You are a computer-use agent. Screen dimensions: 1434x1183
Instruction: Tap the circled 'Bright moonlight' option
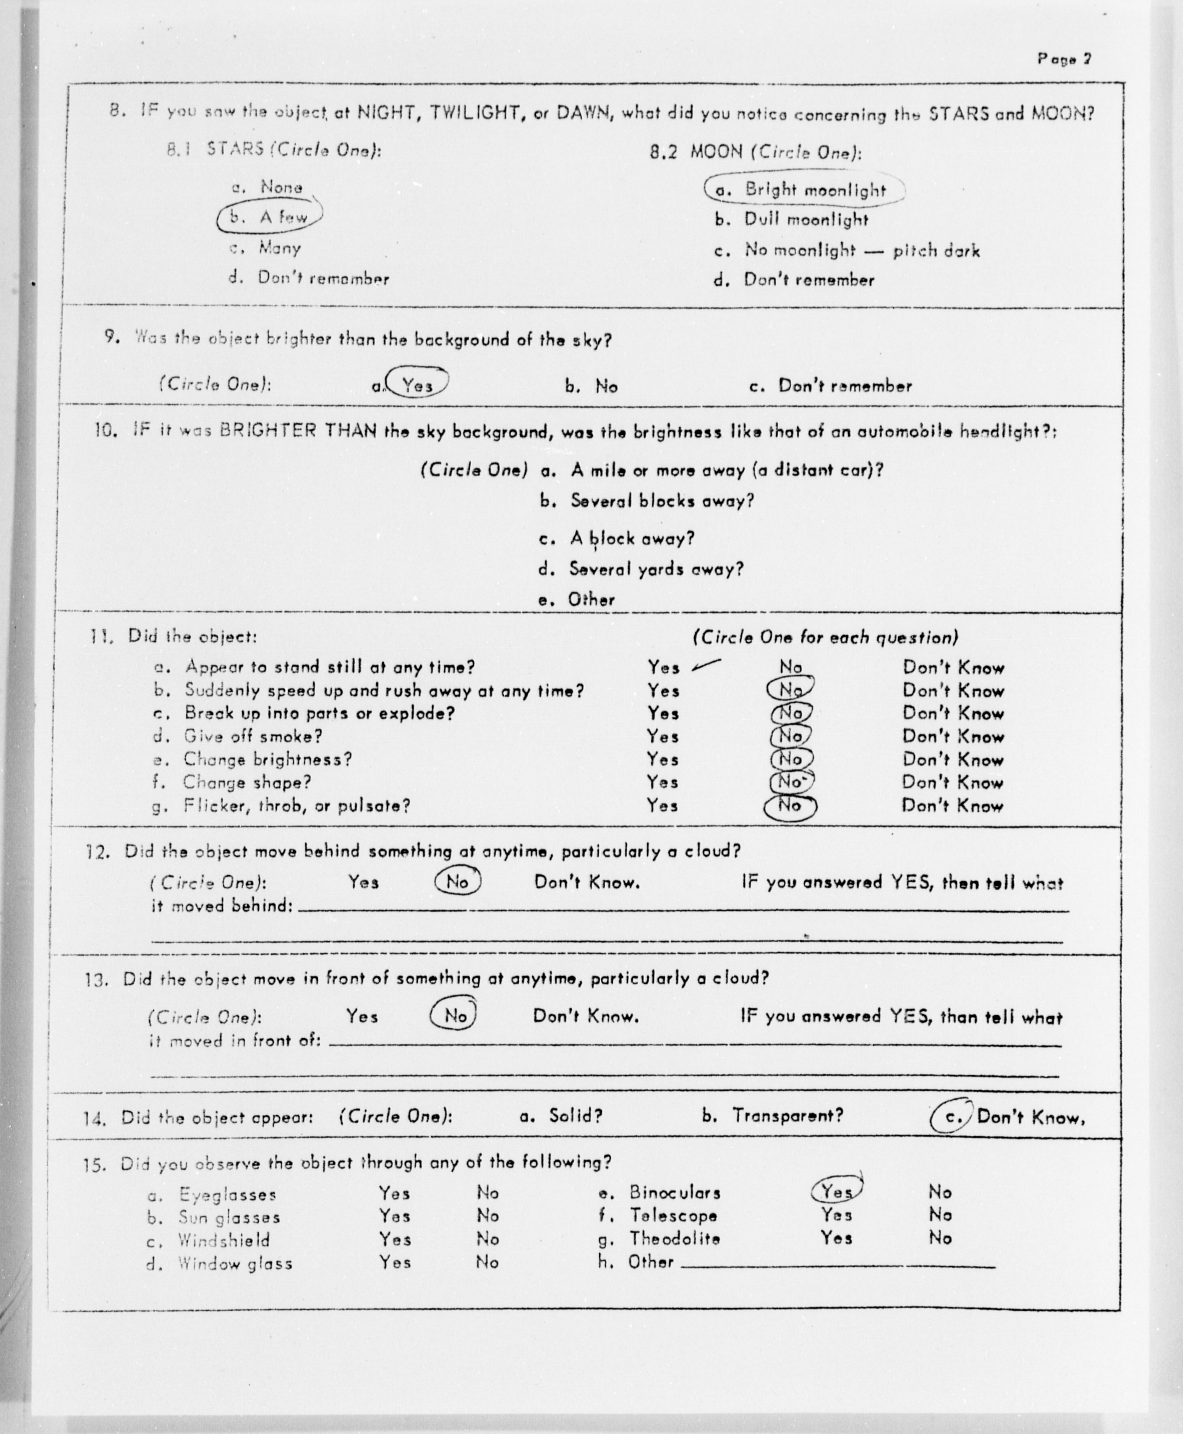coord(804,190)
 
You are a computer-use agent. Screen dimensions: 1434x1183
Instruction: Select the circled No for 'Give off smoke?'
coord(791,736)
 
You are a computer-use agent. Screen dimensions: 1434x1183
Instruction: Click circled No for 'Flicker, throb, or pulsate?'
coord(791,806)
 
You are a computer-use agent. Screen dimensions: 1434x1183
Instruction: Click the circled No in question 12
coord(457,882)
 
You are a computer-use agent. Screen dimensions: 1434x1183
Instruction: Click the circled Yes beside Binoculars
coord(836,1191)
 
